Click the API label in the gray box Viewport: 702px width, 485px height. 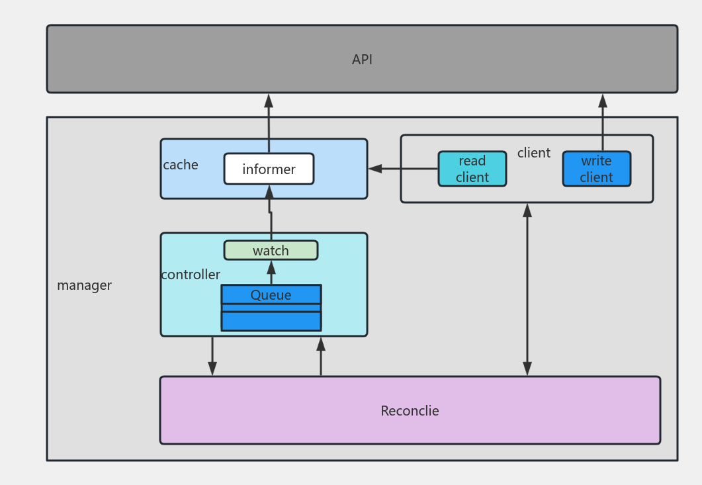point(362,60)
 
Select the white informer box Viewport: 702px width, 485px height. point(269,169)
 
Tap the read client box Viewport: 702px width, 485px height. point(472,169)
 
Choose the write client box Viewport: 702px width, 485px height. point(596,169)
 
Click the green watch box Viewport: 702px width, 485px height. point(271,250)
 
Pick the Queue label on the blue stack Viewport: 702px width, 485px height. point(271,295)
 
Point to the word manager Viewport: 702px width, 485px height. point(84,285)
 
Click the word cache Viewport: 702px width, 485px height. point(181,165)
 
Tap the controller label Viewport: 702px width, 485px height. point(191,275)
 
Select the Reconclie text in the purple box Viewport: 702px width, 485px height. point(410,411)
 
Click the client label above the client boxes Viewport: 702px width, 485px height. point(533,153)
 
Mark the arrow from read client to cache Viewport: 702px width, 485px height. point(403,169)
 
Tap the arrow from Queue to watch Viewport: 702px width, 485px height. point(271,273)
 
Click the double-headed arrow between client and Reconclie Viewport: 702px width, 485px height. point(527,289)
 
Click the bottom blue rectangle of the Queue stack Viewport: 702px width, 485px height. point(271,321)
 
